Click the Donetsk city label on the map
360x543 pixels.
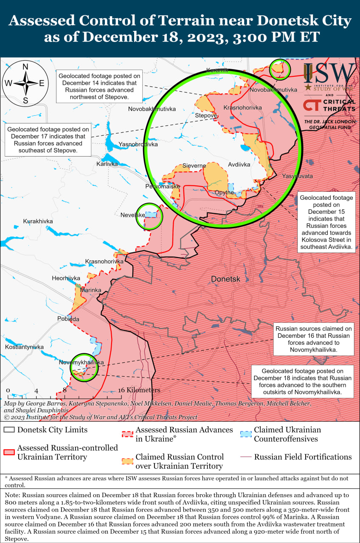point(226,279)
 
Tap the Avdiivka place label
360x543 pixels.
point(239,164)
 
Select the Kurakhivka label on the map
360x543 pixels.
point(38,221)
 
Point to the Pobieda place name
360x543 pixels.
point(68,319)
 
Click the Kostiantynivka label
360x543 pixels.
point(24,347)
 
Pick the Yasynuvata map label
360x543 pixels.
point(297,176)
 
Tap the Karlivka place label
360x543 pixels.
point(107,163)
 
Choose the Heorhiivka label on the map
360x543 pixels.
point(66,278)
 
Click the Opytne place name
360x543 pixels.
point(224,192)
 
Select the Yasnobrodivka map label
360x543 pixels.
point(138,144)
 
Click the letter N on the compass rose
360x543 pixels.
point(25,67)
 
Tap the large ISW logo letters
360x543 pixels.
point(330,73)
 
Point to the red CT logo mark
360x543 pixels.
point(312,105)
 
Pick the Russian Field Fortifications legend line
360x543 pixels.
point(245,457)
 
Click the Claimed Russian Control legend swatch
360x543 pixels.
point(127,462)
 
